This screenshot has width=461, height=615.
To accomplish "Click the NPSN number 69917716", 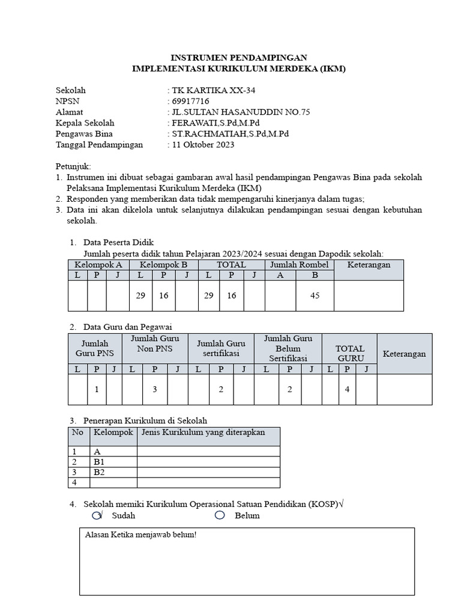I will pos(190,101).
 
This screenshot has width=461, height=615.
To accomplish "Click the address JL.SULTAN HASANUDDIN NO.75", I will pos(241,112).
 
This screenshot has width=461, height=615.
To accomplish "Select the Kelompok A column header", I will pos(97,264).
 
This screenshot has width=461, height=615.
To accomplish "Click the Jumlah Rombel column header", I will pos(299,264).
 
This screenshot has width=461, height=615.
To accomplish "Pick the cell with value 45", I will pos(315,295).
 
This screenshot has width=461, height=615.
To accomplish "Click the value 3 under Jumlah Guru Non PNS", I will pos(154,389).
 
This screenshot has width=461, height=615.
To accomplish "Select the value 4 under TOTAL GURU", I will pos(347,389).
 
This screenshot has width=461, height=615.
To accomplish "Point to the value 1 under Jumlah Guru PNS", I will pos(96,389).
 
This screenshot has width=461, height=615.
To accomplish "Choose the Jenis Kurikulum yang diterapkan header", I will pos(203,432).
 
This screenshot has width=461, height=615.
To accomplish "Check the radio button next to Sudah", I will pos(97,515).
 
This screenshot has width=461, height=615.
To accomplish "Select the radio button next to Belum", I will pos(220,515).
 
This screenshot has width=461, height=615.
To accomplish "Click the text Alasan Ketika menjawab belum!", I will pos(140,535).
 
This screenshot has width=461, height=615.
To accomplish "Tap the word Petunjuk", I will pos(73,166).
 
